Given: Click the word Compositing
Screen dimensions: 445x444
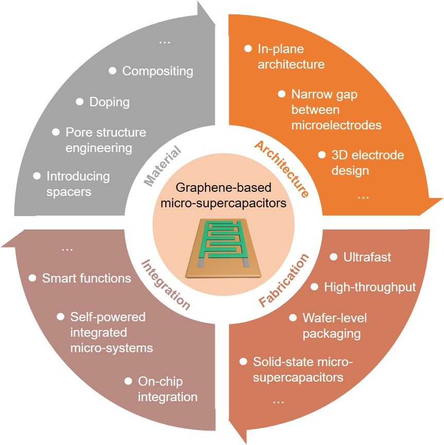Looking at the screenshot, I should [158, 71].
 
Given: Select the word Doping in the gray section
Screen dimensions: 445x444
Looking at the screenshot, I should [109, 102].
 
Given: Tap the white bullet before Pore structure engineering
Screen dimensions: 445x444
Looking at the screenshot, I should [56, 133].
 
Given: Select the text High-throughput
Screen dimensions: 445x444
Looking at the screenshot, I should [370, 287].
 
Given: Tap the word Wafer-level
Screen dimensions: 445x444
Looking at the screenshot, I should [335, 318].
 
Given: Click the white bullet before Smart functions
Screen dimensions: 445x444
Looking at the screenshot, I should [32, 278].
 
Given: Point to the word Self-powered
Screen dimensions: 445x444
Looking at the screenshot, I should [108, 316].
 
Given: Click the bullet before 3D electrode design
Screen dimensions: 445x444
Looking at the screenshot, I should [322, 155].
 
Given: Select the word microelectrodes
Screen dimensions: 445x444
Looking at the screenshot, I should [336, 125].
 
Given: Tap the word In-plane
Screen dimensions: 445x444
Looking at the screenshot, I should [281, 50].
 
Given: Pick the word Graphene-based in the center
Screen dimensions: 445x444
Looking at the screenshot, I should [223, 188].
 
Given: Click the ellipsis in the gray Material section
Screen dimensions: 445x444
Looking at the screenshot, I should [165, 41].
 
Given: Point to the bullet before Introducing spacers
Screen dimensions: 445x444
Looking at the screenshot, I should [37, 176].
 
